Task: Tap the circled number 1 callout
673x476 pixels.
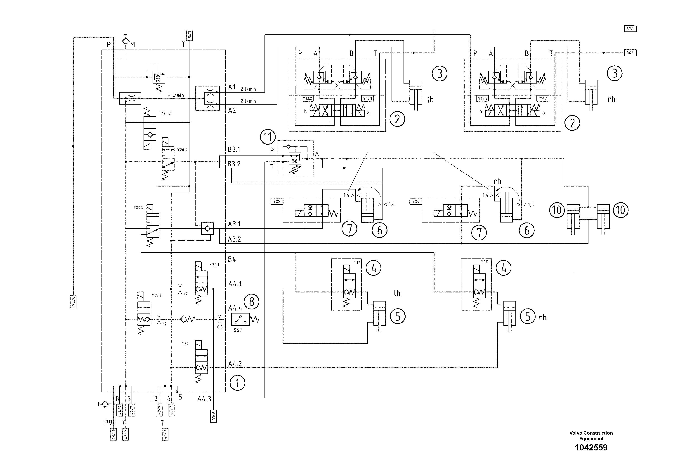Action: tap(237, 383)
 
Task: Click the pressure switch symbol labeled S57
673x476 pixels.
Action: tap(240, 319)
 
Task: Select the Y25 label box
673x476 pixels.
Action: tap(276, 201)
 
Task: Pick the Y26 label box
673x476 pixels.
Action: tap(416, 201)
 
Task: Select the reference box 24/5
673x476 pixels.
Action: tap(73, 302)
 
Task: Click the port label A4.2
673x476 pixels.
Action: tap(235, 364)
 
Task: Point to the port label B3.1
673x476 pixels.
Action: tap(234, 149)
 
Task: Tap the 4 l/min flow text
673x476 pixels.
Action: tap(176, 95)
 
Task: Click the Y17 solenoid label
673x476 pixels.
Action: tap(357, 263)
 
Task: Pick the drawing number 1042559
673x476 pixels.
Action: tap(591, 456)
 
